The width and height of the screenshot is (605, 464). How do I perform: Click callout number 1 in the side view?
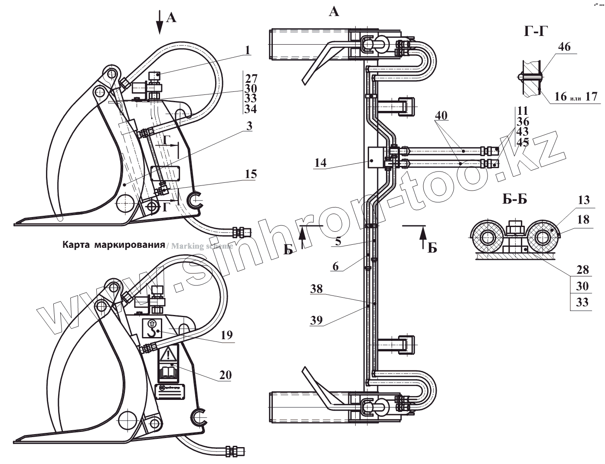coord(247,50)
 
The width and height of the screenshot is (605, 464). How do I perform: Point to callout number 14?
coord(321,163)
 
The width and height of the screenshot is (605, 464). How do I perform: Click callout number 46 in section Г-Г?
coord(564,47)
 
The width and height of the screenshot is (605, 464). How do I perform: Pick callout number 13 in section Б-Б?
coord(584,200)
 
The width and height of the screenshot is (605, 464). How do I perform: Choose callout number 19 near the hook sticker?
coord(226,335)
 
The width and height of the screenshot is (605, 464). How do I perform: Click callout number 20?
coord(226,375)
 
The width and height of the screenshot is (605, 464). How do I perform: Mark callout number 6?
coord(336,266)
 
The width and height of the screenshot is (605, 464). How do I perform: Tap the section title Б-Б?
coord(515,200)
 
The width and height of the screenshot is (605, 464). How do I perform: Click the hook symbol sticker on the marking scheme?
coord(152,329)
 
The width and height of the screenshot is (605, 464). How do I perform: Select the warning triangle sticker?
coord(169,356)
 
